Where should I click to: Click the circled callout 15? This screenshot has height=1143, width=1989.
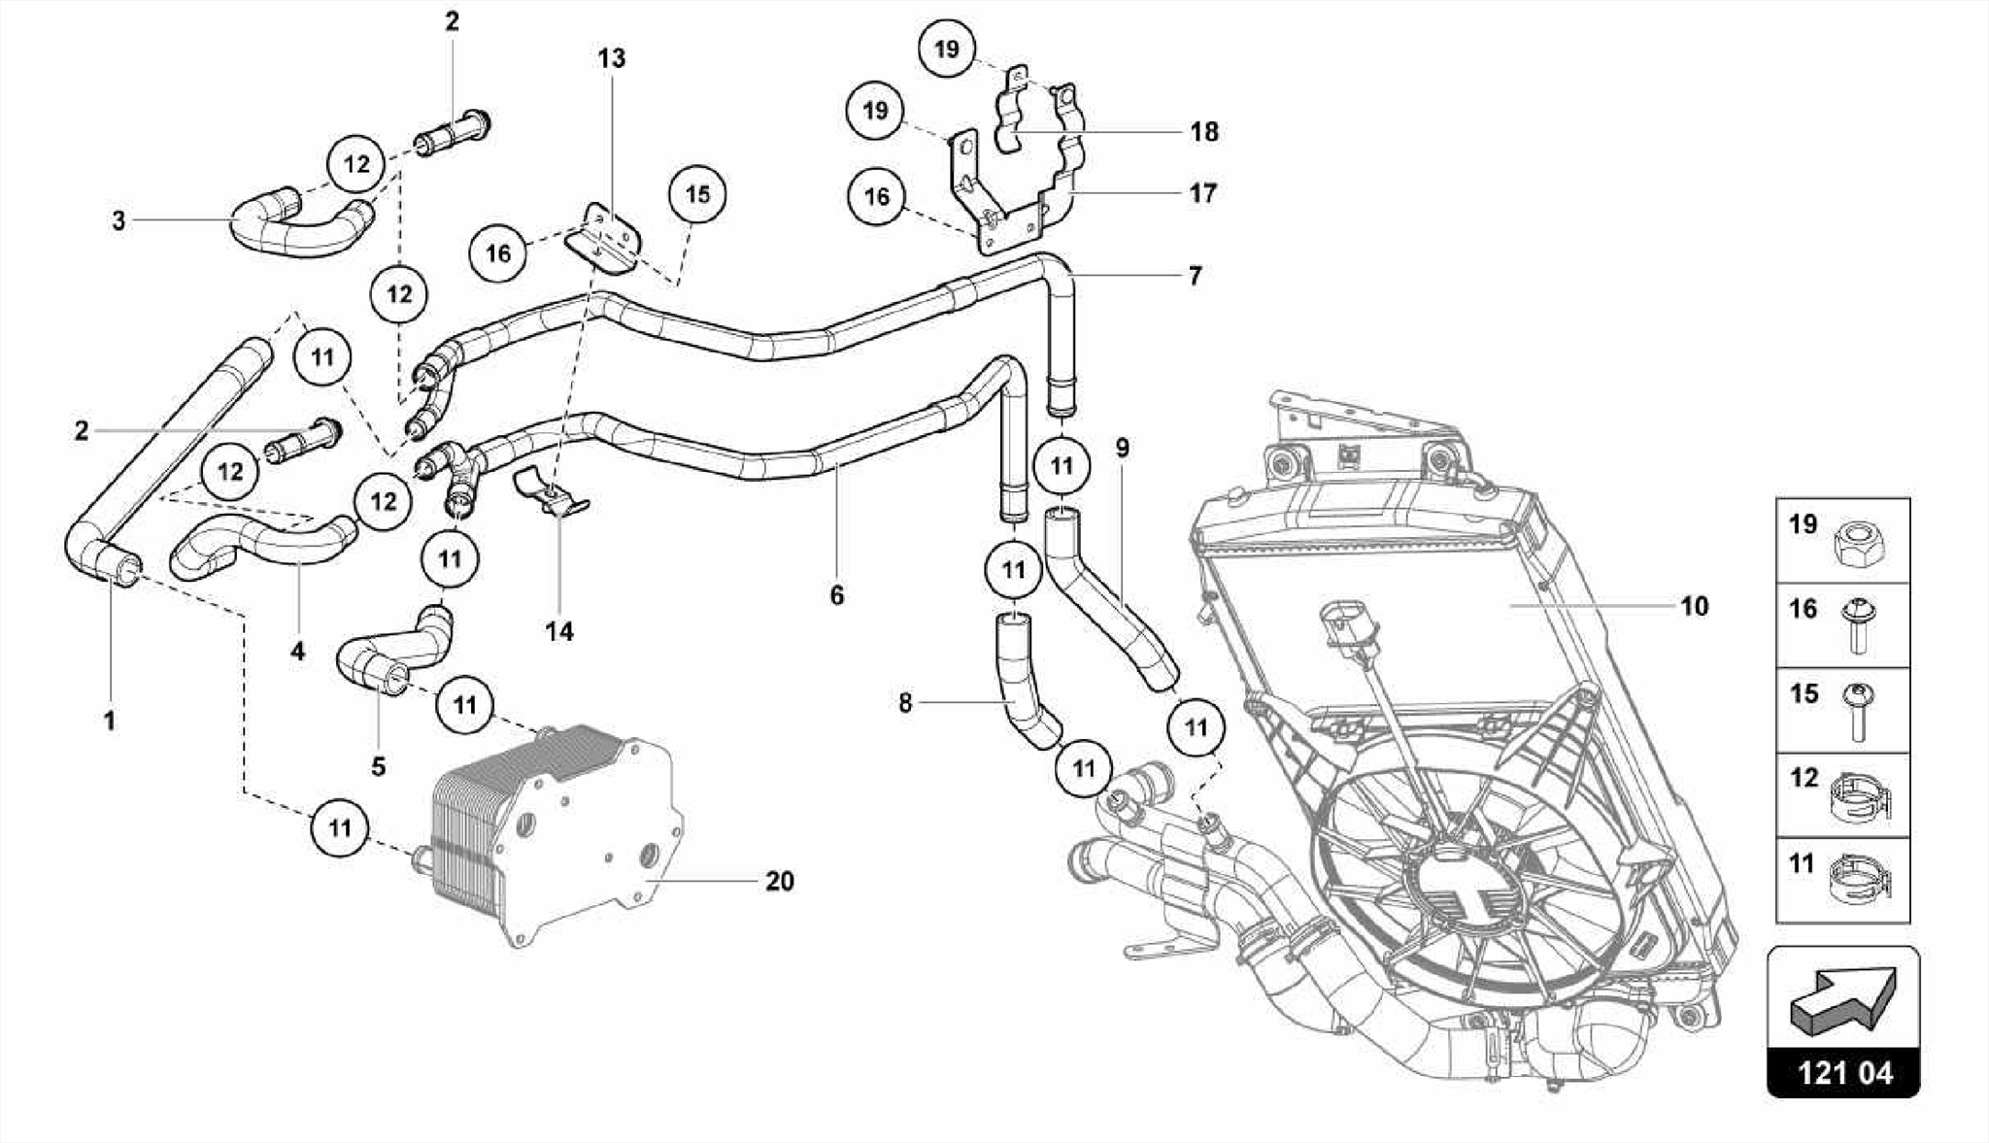tap(697, 195)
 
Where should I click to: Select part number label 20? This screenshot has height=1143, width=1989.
tap(779, 882)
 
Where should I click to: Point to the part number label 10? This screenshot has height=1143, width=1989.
tap(1694, 607)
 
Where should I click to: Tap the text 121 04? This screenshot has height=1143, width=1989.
tap(1843, 1072)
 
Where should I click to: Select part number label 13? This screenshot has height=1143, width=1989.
tap(611, 59)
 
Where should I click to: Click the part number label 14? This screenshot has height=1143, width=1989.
tap(559, 632)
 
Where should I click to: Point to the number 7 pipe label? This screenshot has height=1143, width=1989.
tap(1195, 276)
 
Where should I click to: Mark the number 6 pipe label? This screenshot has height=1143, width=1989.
tap(837, 595)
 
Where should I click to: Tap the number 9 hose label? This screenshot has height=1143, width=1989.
tap(1122, 449)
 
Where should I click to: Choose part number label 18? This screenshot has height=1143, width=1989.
tap(1203, 132)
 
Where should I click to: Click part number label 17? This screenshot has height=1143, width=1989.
tap(1202, 194)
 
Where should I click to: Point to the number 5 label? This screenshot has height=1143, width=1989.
tap(378, 767)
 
